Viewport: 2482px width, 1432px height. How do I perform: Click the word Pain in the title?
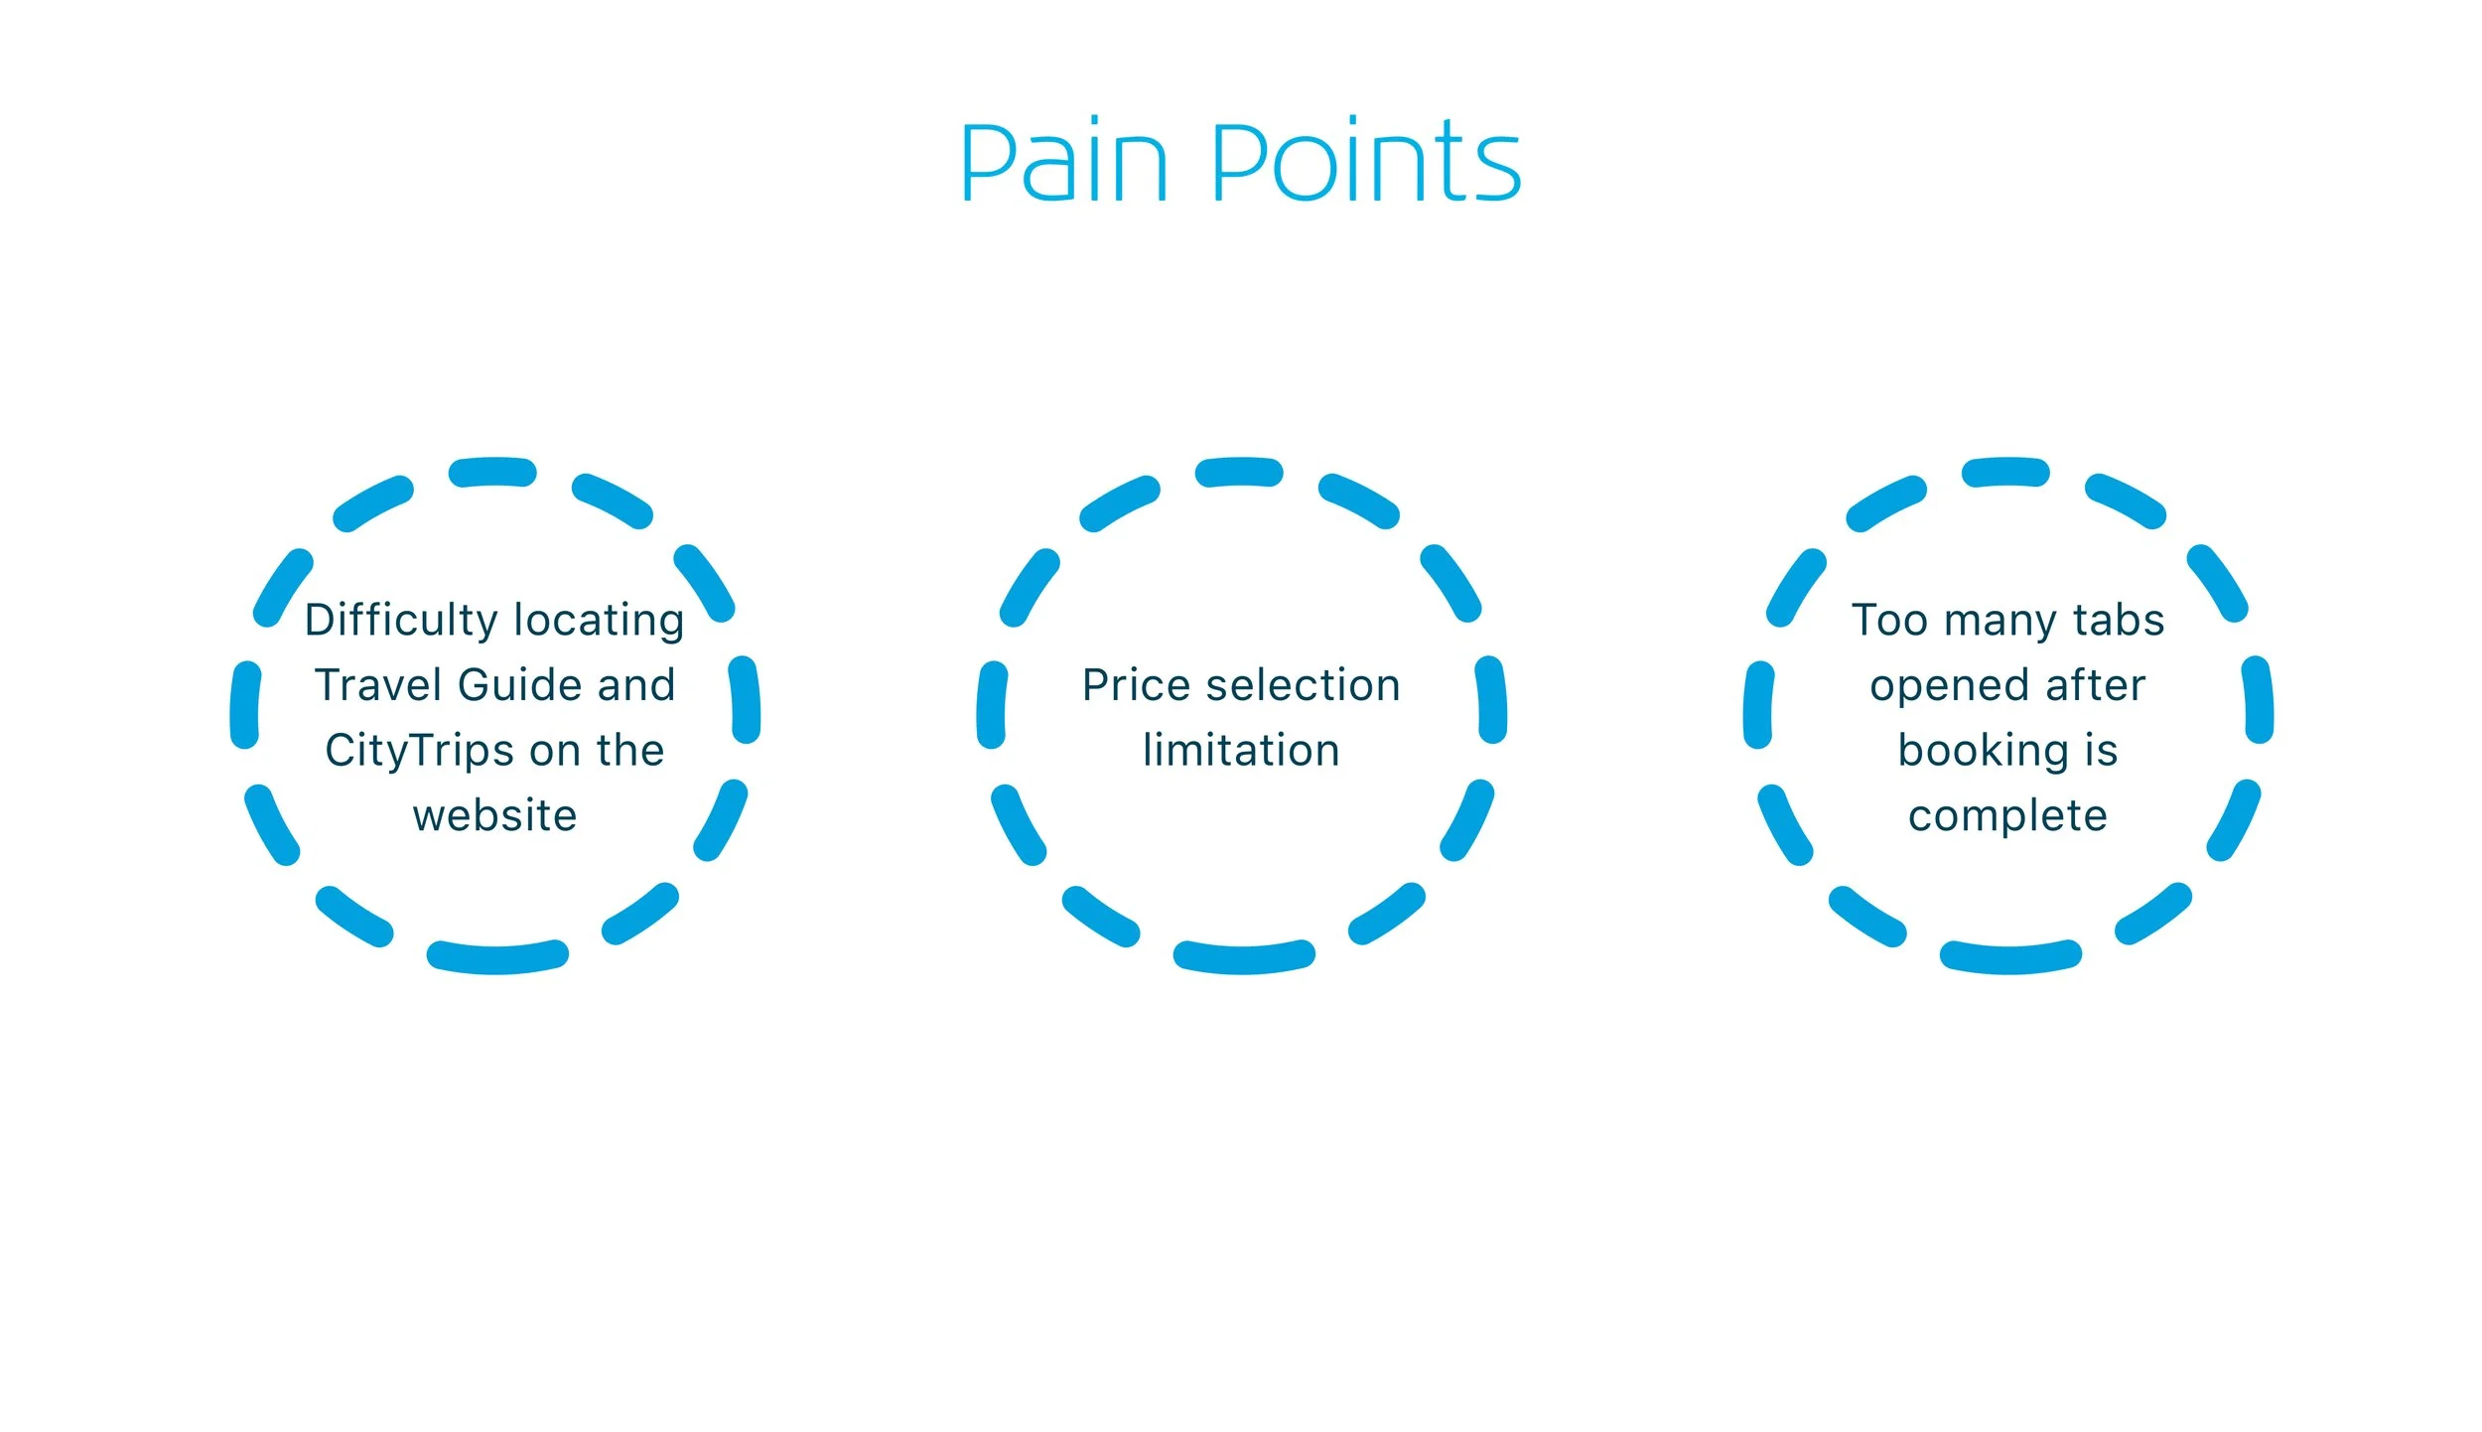click(x=1063, y=162)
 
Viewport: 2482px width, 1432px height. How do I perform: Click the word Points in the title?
click(x=1366, y=162)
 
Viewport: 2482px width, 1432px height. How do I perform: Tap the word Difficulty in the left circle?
click(x=401, y=621)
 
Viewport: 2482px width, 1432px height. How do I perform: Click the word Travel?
click(x=378, y=685)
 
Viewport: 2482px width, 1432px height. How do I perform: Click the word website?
click(x=494, y=816)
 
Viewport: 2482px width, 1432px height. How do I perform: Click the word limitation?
click(x=1241, y=751)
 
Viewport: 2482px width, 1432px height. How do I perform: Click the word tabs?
click(x=2119, y=621)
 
